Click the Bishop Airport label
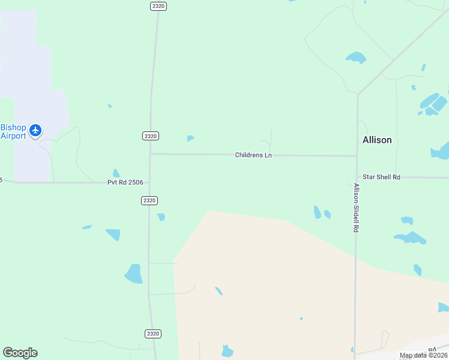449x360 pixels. (13, 131)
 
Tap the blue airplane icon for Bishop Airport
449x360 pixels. (35, 130)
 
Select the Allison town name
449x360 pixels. (377, 140)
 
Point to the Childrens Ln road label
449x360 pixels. (253, 155)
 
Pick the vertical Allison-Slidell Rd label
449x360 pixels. (356, 208)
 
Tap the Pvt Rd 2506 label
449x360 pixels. (125, 182)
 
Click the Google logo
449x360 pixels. (20, 353)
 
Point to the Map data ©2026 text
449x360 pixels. (424, 355)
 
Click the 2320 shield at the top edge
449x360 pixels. (158, 5)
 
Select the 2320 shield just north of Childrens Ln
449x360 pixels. (151, 136)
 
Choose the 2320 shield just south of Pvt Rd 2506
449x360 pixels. (150, 200)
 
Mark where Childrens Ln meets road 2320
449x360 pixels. (150, 154)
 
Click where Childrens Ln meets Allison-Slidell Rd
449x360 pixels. (357, 156)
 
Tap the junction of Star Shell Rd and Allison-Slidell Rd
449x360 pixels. (356, 178)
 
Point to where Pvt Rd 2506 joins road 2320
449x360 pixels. (149, 182)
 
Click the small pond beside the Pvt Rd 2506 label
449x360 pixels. (116, 173)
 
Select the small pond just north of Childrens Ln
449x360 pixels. (190, 139)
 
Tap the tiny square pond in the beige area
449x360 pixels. (301, 319)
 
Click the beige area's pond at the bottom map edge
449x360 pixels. (227, 351)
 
